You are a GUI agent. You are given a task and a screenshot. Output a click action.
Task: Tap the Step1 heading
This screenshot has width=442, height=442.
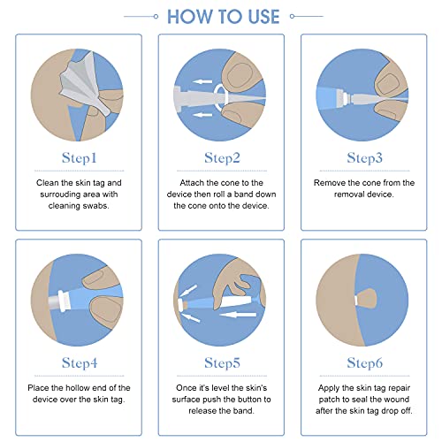(x=80, y=158)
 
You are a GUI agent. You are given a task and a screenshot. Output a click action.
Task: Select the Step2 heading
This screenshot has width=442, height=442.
(x=222, y=158)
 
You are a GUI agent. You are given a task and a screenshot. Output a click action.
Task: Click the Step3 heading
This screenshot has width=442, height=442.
(x=364, y=158)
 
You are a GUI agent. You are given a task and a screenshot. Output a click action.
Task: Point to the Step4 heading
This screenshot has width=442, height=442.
(x=80, y=362)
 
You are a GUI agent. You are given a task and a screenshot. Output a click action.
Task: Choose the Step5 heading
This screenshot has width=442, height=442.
(x=222, y=362)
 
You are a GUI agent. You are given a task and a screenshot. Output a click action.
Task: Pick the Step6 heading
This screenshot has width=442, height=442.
(x=364, y=362)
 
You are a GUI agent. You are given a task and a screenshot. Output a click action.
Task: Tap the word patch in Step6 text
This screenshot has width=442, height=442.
(x=329, y=400)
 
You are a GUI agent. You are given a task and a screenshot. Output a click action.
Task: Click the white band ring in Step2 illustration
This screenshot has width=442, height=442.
(x=215, y=95)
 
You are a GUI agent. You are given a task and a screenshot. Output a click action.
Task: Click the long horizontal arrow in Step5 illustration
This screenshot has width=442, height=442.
(x=238, y=315)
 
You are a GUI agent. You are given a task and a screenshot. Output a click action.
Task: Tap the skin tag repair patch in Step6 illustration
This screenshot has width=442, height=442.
(x=366, y=299)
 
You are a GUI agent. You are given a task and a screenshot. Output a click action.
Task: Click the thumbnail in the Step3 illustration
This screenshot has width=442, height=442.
(x=388, y=83)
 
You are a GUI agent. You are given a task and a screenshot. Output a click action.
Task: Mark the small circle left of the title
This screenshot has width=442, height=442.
(x=156, y=17)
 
